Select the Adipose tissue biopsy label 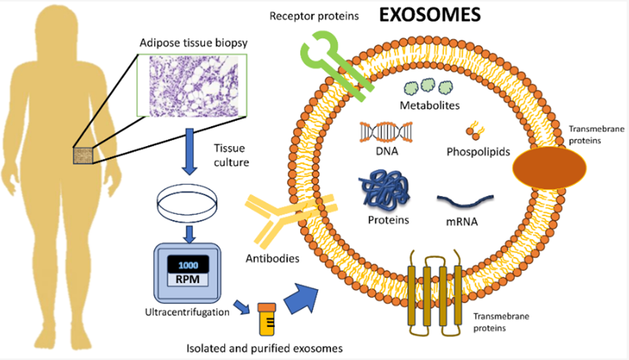(x=193, y=44)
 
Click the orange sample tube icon (x=267, y=319)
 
